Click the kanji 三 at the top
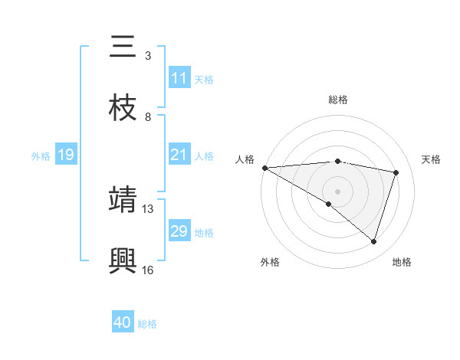point(123,47)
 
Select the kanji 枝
point(123,108)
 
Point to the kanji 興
point(123,260)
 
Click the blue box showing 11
point(179,78)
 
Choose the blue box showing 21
point(179,155)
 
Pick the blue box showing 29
point(179,231)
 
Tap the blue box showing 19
point(66,155)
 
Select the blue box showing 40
point(123,322)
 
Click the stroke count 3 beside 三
point(148,56)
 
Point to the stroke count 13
point(148,208)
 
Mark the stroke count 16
point(148,270)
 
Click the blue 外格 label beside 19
point(41,156)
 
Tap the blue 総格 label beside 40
point(147,324)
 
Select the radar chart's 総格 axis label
point(337,100)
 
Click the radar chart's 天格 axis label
point(432,159)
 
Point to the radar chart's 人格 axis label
point(245,159)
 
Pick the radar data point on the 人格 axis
point(264,168)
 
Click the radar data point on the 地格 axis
point(373,241)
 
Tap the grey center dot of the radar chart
point(337,191)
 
